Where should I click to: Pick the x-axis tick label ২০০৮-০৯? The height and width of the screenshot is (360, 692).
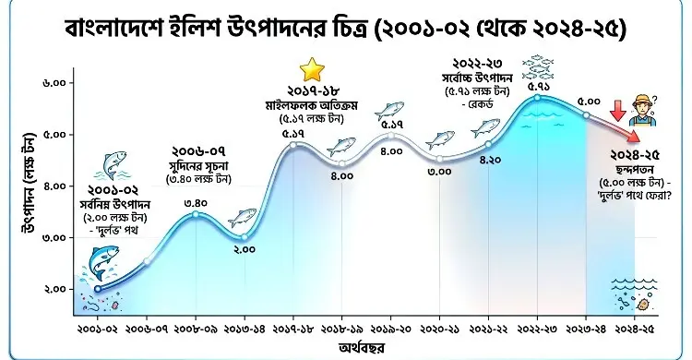(195, 328)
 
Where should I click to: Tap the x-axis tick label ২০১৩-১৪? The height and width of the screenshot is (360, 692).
(245, 328)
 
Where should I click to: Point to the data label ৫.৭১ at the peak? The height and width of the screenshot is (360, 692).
(539, 86)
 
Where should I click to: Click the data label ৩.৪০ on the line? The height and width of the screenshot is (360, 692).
(195, 203)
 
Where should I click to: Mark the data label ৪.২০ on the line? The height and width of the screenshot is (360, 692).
(490, 160)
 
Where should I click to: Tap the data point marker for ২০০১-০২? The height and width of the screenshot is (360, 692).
(98, 290)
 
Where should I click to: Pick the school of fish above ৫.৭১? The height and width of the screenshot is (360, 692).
(539, 66)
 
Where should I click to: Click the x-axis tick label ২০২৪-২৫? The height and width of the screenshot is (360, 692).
(636, 328)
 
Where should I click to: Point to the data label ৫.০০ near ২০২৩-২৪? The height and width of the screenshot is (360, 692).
(588, 99)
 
